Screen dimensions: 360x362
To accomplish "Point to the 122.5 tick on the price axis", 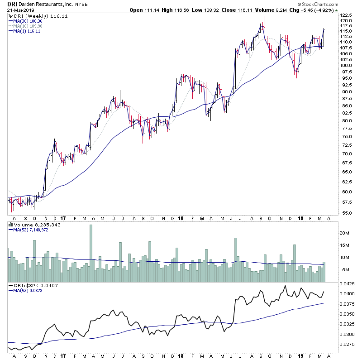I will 346,15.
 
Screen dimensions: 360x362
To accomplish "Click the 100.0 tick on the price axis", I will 346,65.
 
